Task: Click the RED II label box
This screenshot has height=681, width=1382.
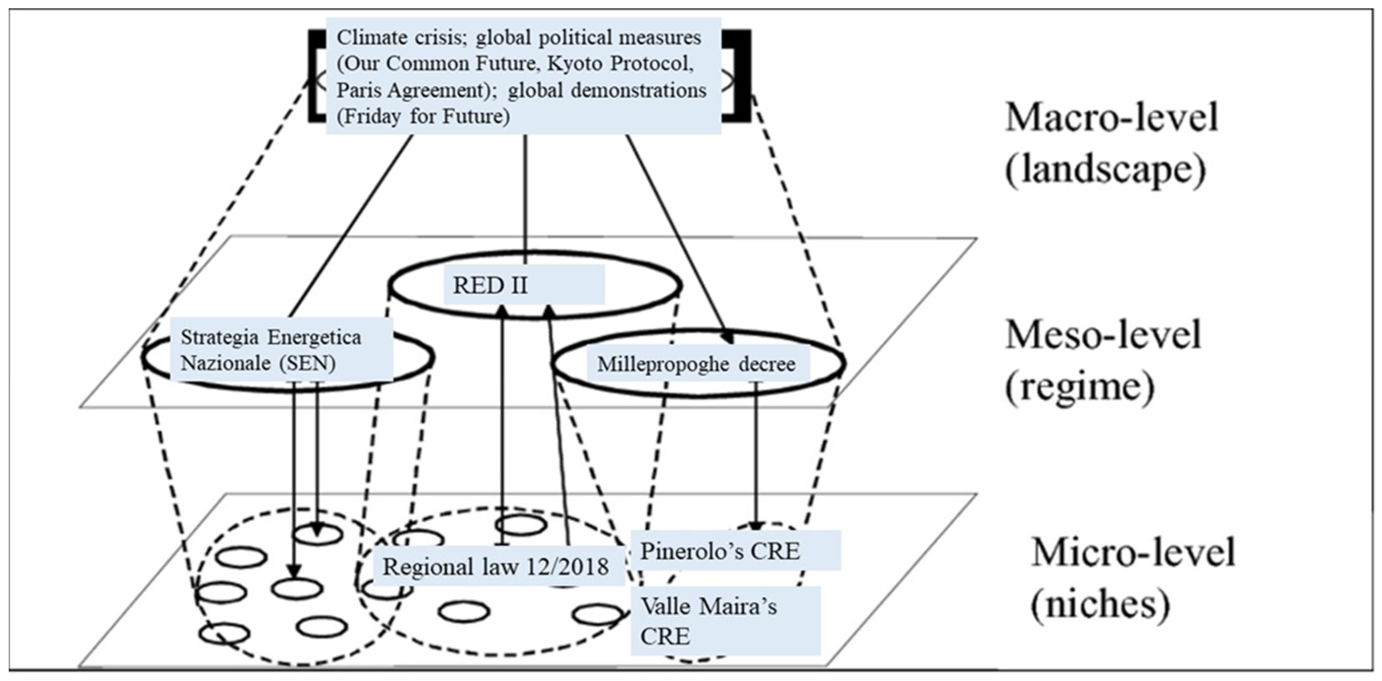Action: coord(524,285)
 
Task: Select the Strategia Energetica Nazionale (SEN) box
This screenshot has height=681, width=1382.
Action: coord(281,350)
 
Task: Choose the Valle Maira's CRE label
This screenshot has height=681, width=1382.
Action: coord(724,621)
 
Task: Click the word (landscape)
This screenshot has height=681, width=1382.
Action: coord(1105,171)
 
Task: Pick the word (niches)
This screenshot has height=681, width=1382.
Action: coord(1100,605)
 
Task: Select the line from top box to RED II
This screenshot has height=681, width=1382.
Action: coord(525,193)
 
